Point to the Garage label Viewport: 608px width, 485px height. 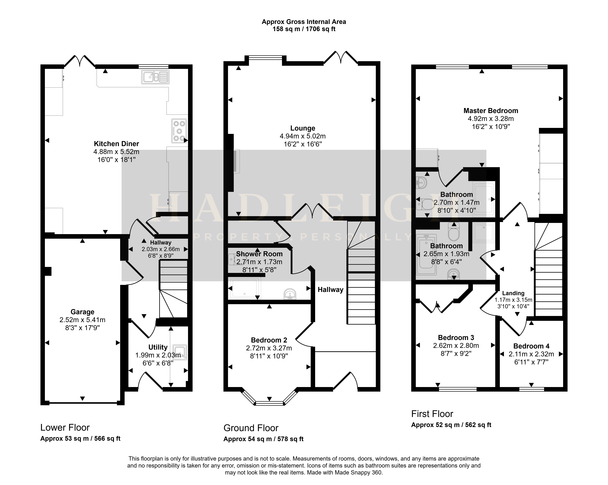click(82, 312)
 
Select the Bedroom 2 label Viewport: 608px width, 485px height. click(269, 340)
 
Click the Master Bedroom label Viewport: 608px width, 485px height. click(491, 111)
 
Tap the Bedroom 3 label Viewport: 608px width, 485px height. click(456, 337)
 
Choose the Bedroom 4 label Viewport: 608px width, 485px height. click(531, 346)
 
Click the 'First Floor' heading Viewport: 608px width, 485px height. click(432, 414)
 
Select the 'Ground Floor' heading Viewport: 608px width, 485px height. click(251, 428)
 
